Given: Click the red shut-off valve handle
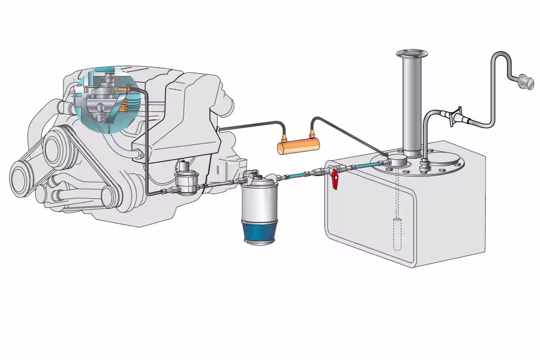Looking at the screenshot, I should [x=335, y=179].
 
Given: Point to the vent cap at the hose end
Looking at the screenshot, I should [x=526, y=81].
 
